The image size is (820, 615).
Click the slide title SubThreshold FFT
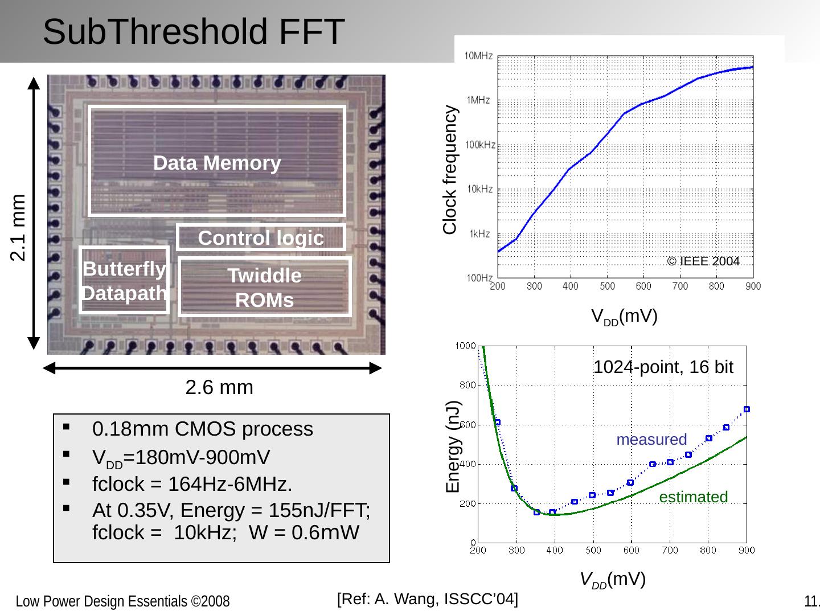coord(194,32)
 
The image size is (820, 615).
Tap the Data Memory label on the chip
coord(217,163)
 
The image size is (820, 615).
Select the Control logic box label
coord(261,237)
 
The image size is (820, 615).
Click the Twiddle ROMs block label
coord(265,288)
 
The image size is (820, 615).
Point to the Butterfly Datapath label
coord(125,281)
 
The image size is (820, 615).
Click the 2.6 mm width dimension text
coord(219,388)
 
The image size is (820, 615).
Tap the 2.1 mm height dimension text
coord(19,227)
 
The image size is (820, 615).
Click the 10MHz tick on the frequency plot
coord(478,56)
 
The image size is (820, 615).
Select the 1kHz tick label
coord(479,233)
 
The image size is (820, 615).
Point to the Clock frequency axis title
coord(450,170)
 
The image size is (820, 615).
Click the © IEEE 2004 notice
coord(703,261)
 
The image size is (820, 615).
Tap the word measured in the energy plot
coord(651,440)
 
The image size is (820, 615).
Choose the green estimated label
coord(693,497)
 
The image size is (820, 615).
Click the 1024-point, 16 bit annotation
coord(663,367)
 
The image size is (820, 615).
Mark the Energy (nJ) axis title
coord(453,446)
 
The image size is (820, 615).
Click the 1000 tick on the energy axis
coord(465,346)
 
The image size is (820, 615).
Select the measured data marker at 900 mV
coord(747,409)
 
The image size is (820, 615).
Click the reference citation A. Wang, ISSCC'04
coord(428,599)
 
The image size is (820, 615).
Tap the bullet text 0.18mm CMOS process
coord(203,429)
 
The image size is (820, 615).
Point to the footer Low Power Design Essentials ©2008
coord(122,601)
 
